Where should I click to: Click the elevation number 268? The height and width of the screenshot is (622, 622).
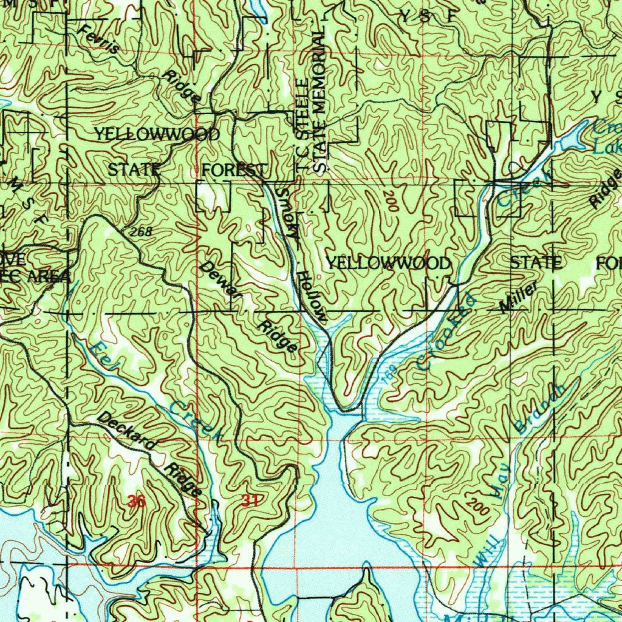140,231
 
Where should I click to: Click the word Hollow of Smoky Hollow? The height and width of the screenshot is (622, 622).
312,296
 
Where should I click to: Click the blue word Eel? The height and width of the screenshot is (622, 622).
101,357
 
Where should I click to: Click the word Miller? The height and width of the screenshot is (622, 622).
518,298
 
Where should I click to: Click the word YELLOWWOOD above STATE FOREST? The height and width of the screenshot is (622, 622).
157,134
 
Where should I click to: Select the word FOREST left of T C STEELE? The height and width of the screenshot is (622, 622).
234,169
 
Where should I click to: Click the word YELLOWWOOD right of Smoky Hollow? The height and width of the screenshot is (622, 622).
389,263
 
